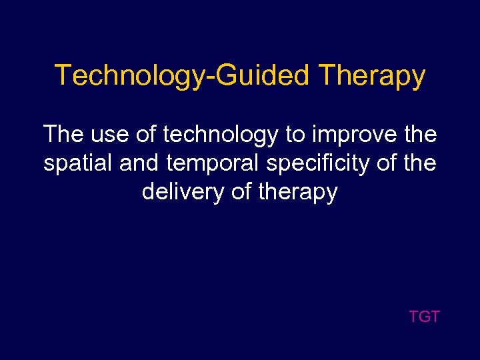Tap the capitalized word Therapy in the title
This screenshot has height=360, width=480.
(372, 76)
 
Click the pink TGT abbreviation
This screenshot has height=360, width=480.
(424, 317)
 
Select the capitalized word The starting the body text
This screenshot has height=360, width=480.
(63, 135)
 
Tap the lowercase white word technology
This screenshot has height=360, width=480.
(221, 135)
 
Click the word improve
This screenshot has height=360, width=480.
(353, 135)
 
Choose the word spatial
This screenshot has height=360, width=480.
(79, 164)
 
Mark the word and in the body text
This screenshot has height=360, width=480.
(139, 163)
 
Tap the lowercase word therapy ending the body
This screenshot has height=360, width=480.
(299, 193)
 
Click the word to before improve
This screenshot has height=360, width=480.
(294, 135)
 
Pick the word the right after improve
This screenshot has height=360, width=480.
(420, 135)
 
